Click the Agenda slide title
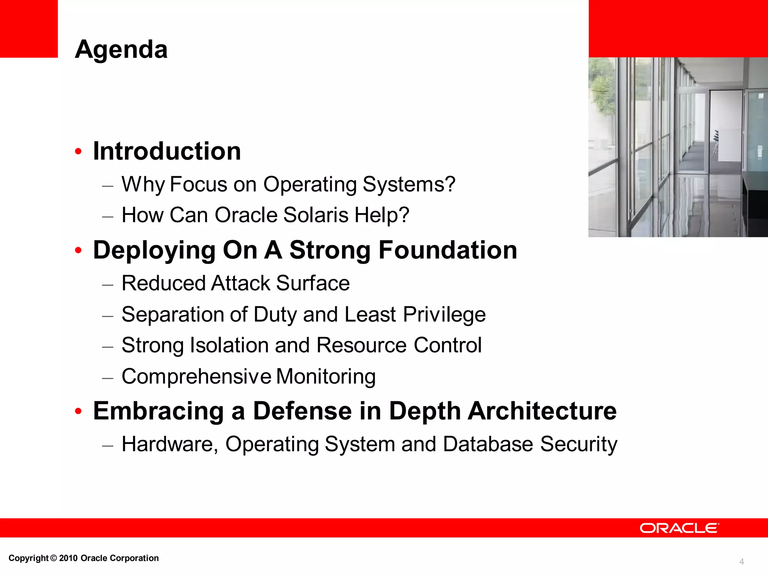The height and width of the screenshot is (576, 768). point(121,49)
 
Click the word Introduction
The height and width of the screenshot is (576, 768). point(167,151)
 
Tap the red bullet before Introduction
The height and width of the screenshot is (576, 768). point(78,151)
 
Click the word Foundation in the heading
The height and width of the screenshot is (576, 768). point(448,250)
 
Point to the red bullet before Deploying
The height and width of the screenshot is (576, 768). point(78,250)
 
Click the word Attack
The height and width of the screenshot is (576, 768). point(241,283)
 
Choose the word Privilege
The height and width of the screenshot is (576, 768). point(444,314)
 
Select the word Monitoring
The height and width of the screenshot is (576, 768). point(326,376)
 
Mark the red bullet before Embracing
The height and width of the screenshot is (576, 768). point(78,411)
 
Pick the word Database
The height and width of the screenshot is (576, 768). point(488,444)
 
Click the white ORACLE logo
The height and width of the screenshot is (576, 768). point(679,528)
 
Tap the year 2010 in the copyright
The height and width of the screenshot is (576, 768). point(68,558)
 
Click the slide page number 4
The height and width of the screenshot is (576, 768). point(741,562)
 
